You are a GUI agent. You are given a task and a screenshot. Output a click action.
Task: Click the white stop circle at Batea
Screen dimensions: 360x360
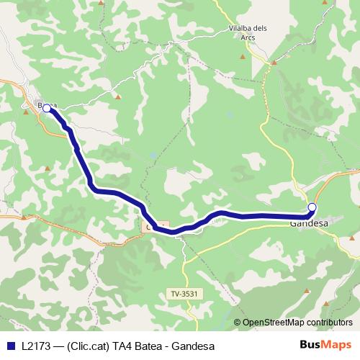click(x=47, y=108)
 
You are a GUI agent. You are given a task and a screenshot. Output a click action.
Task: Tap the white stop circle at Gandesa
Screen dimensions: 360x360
click(x=312, y=207)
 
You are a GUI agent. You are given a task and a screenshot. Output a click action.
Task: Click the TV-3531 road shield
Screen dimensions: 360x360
click(x=184, y=293)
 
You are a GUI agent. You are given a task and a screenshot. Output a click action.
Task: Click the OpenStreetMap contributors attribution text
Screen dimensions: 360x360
click(x=297, y=322)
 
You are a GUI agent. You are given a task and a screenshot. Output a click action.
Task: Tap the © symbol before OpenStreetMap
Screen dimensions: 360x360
click(x=238, y=322)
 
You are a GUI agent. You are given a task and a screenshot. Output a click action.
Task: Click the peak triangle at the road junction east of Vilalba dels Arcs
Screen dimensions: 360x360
click(x=274, y=63)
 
